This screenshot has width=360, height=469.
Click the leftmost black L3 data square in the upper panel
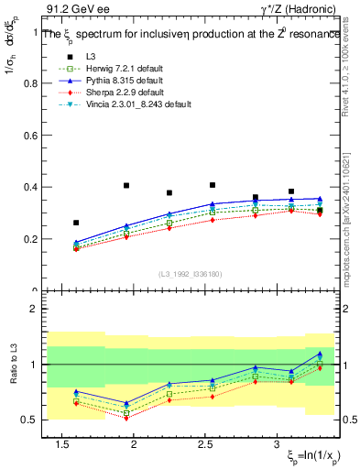(x=76, y=223)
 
